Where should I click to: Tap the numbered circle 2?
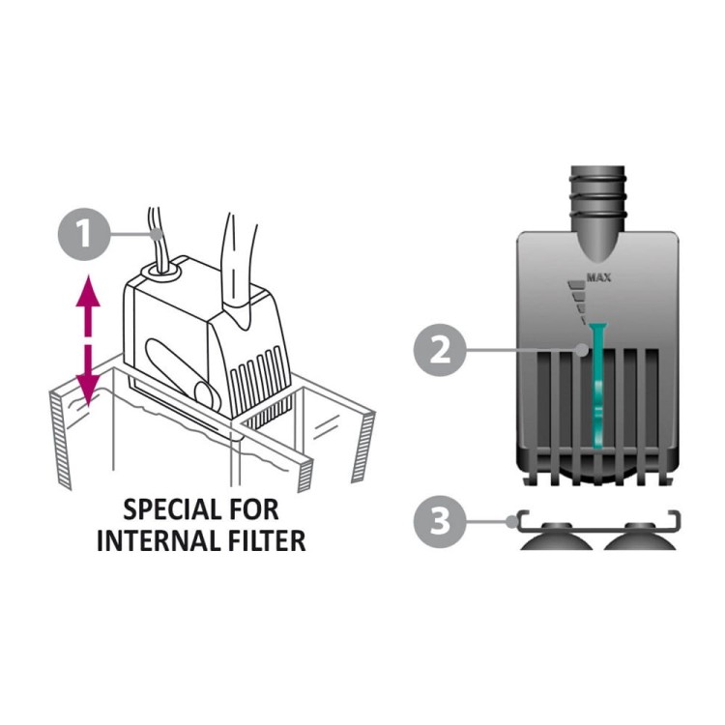click(x=441, y=350)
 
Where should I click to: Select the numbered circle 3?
click(x=441, y=522)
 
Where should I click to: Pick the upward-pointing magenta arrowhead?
click(x=89, y=291)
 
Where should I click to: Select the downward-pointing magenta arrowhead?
click(x=89, y=391)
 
